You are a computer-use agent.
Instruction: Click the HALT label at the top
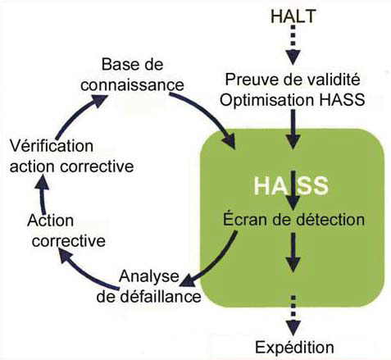(x=293, y=16)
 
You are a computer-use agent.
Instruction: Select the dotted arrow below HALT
(x=293, y=45)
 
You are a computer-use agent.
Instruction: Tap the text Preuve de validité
(x=293, y=80)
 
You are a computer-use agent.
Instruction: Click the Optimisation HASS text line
(x=293, y=100)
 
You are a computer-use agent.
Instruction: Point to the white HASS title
(x=291, y=186)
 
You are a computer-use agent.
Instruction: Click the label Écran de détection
(x=293, y=220)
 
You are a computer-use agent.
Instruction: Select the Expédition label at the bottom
(x=294, y=348)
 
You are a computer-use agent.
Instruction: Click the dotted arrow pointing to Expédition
(x=293, y=315)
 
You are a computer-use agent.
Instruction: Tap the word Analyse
(x=149, y=276)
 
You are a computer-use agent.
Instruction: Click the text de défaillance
(x=149, y=296)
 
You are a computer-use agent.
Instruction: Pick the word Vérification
(x=52, y=146)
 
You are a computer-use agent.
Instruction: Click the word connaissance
(x=132, y=85)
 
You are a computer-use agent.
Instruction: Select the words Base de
(x=132, y=65)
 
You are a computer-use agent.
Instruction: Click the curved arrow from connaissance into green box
(x=208, y=114)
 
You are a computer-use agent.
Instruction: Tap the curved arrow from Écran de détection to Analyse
(x=215, y=262)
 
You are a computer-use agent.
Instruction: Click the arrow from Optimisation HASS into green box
(x=293, y=129)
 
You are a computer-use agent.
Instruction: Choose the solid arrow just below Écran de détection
(x=293, y=252)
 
